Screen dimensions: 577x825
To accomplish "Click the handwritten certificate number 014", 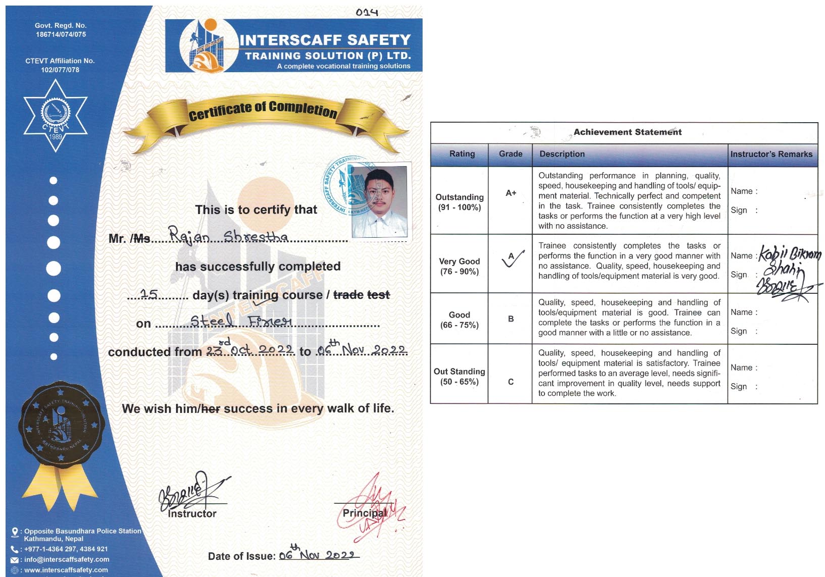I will point(367,12).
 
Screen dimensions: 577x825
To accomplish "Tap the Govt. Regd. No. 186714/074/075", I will point(61,30).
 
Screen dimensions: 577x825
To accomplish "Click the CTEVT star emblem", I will point(56,116).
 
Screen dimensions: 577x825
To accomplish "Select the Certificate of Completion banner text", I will point(263,111).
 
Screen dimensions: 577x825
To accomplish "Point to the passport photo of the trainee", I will point(379,201).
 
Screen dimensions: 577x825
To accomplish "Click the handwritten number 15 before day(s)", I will point(149,294).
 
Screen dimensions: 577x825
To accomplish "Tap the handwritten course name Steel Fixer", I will point(241,321).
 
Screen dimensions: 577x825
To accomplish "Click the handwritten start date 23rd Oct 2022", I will point(249,349).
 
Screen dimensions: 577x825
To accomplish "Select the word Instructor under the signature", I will point(192,514).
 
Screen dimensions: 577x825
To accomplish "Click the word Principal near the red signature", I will point(364,513).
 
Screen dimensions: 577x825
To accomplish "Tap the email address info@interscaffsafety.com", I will point(67,559).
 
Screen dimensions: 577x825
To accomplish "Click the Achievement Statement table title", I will point(627,132).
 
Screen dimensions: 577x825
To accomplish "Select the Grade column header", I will point(510,154).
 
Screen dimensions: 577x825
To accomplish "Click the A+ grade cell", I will point(510,193).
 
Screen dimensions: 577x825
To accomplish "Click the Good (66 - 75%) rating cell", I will point(459,320).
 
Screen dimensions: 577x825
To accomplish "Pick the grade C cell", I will point(510,382).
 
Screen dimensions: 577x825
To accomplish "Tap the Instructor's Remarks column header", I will point(771,154).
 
